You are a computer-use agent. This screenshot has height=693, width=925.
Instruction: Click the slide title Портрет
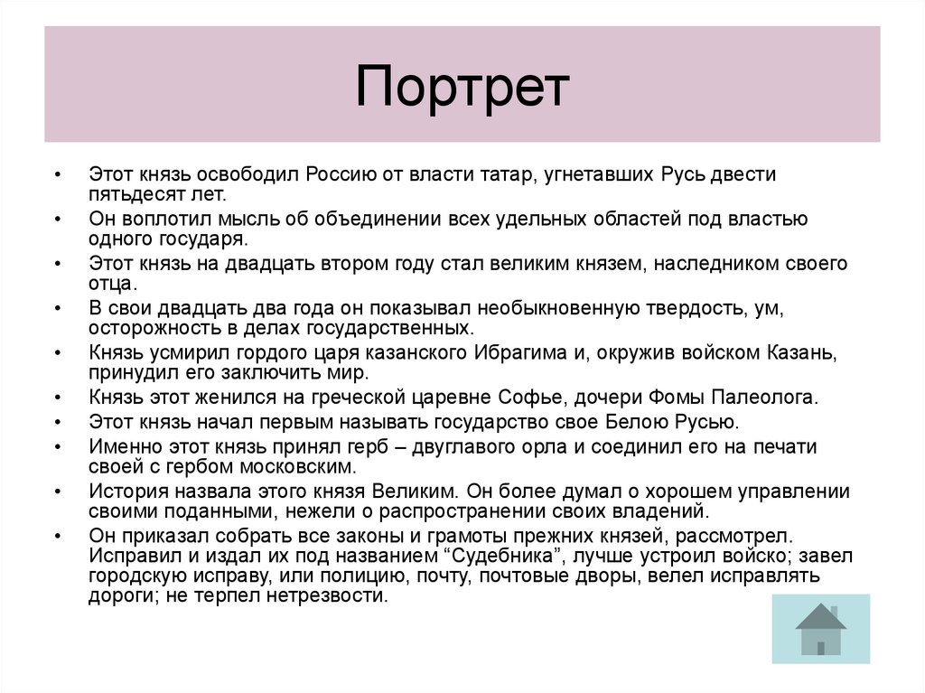pos(462,86)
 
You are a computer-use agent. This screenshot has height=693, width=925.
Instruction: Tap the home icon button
pos(820,629)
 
